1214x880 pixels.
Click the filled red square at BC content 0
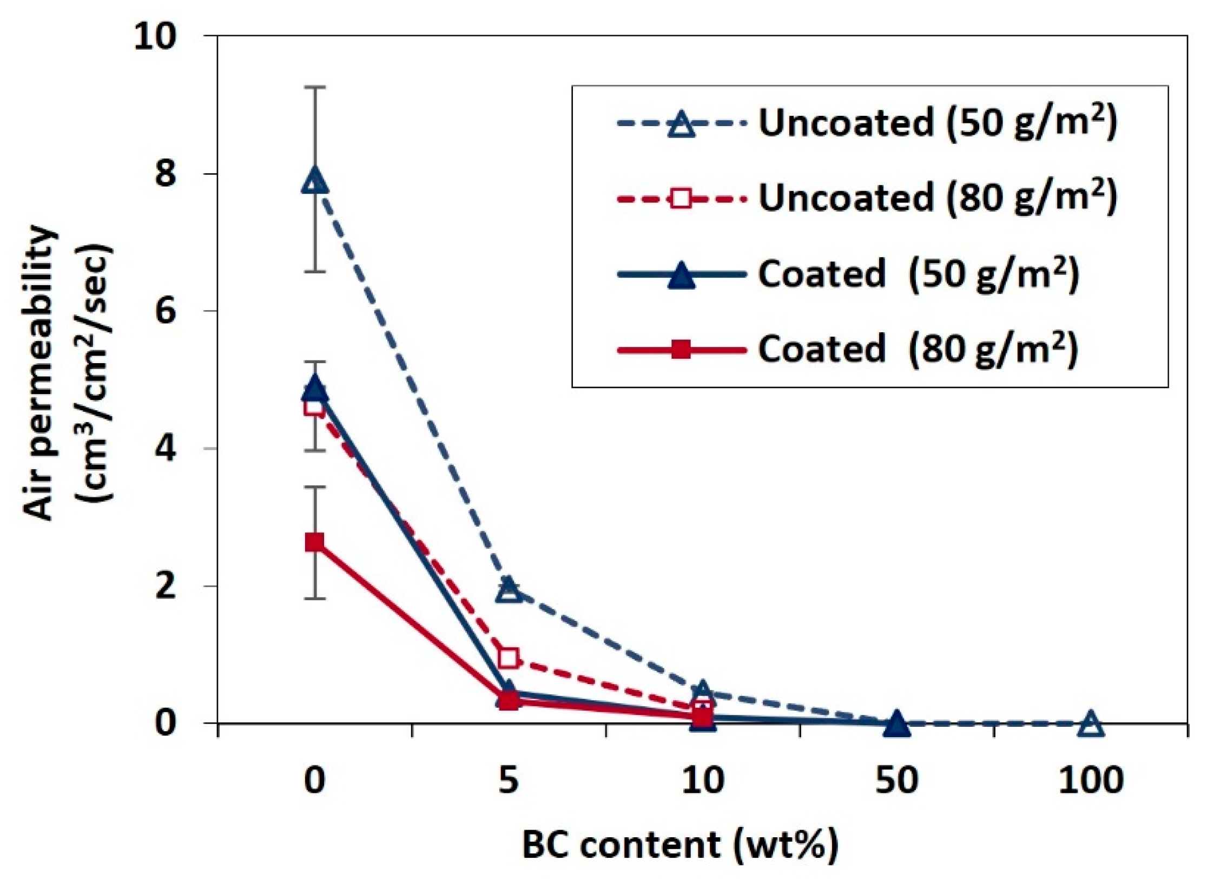[315, 542]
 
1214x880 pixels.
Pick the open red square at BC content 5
[509, 658]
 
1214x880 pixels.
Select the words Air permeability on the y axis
[39, 373]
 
